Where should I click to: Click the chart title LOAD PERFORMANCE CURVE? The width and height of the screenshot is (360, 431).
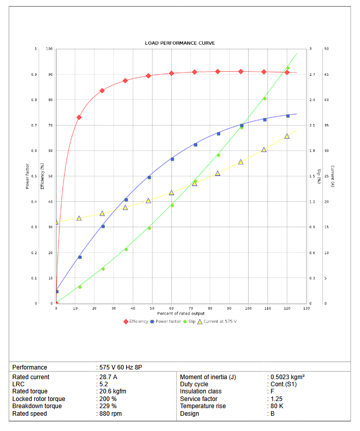tap(179, 43)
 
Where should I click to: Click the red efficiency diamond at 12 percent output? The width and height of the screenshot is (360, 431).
tap(79, 117)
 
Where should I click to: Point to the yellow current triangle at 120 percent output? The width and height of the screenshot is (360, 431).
tap(287, 136)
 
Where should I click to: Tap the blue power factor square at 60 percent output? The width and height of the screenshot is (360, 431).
tap(172, 159)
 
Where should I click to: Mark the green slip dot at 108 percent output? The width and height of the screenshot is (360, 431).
tap(264, 99)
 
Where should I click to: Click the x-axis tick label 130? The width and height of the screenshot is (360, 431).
tap(306, 309)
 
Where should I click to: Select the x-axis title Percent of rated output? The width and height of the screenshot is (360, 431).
tap(181, 314)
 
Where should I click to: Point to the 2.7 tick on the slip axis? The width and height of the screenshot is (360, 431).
tap(312, 75)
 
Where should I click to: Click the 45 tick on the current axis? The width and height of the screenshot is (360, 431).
tap(326, 75)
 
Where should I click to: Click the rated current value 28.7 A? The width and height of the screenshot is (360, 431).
tap(108, 377)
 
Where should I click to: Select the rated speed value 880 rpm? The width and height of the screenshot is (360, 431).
tap(110, 414)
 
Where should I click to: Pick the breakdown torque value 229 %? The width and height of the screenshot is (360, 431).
tap(107, 406)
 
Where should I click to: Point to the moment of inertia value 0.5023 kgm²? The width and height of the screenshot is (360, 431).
tap(288, 377)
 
